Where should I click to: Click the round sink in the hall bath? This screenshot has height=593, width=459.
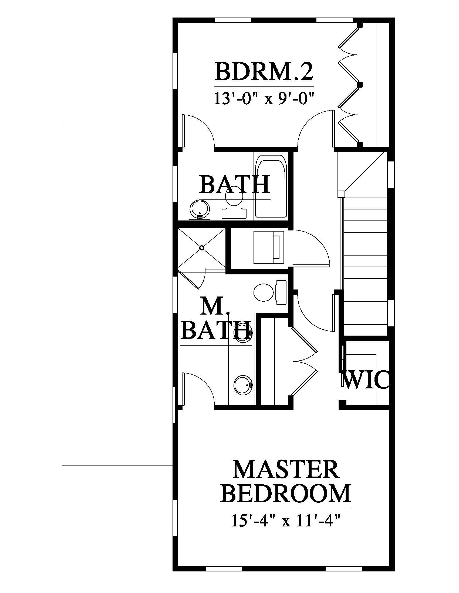pos(200,209)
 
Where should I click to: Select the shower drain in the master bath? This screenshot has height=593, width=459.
pos(202,248)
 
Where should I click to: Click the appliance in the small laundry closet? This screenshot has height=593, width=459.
pos(269,247)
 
